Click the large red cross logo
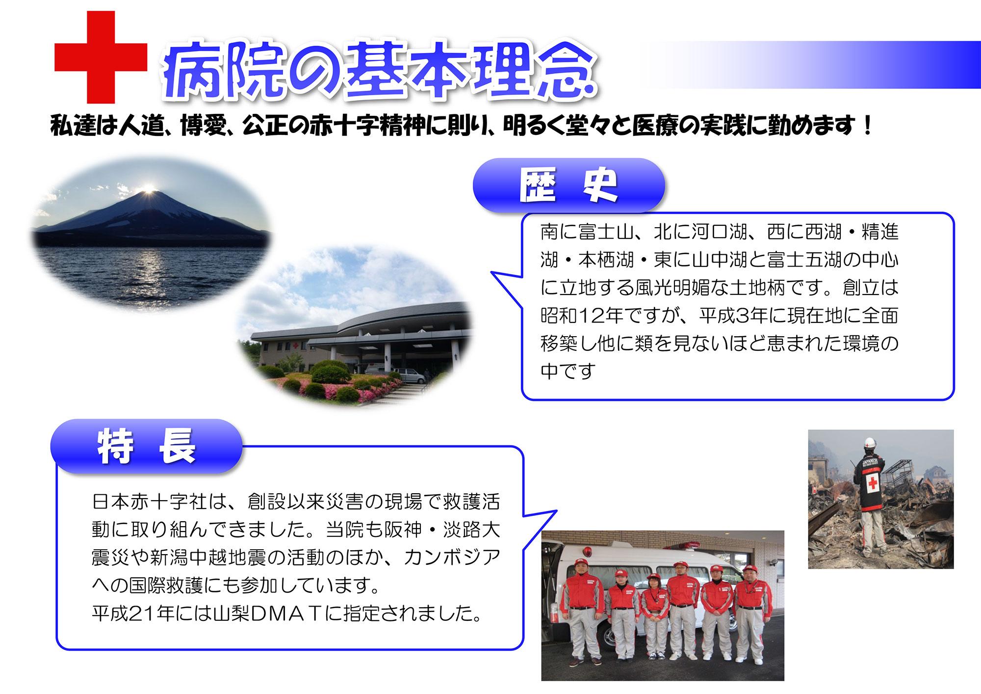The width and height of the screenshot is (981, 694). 101,58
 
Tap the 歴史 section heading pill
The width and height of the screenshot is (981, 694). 568,186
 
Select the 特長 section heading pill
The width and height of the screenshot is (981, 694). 147,446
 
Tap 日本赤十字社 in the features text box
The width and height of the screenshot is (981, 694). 147,502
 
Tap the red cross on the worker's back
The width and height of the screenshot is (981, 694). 873,482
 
